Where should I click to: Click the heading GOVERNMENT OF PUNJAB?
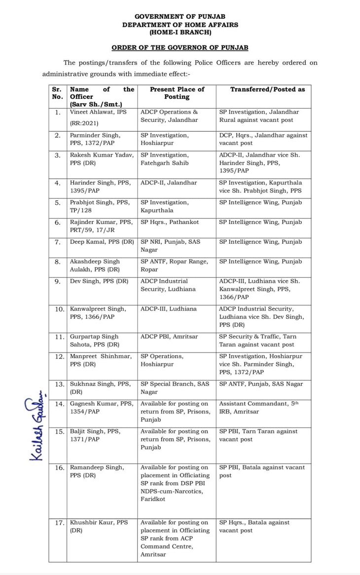tap(180, 16)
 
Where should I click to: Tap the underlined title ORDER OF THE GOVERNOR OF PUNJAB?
tap(180, 48)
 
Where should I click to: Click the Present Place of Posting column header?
tap(177, 93)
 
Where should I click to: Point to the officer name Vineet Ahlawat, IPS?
tap(98, 112)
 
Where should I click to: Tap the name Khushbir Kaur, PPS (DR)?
tap(99, 526)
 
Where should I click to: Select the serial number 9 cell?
tap(58, 281)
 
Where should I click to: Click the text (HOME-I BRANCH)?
tap(180, 32)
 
